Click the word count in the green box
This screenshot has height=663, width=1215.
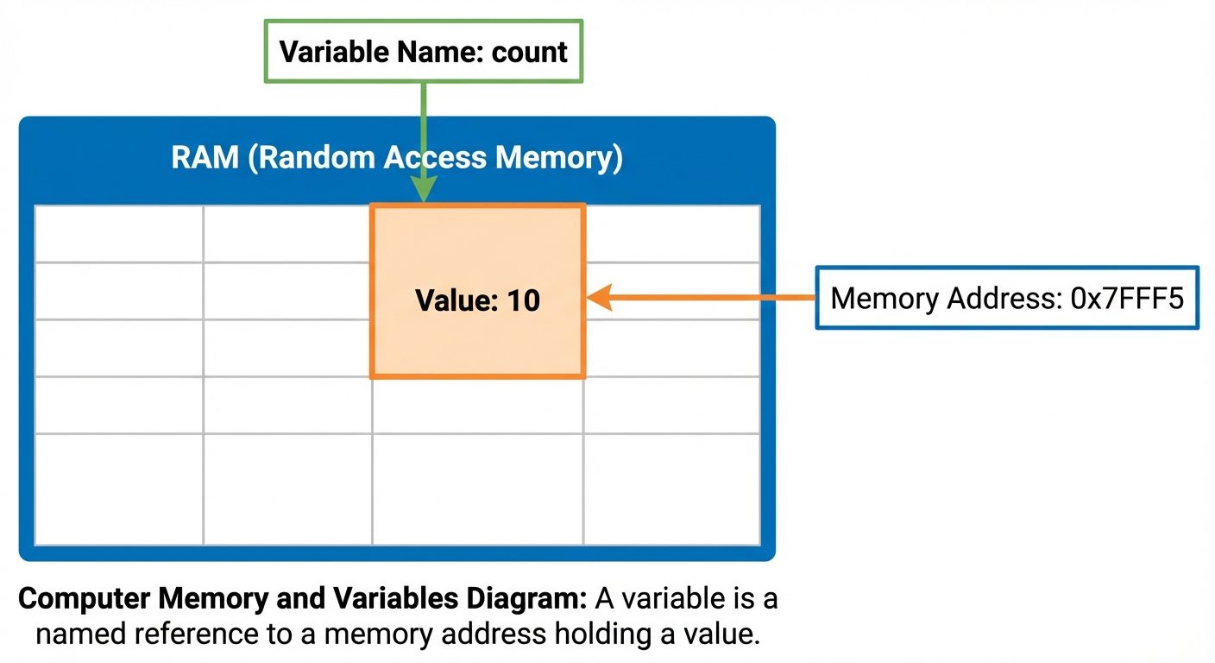pos(529,52)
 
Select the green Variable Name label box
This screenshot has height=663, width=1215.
pos(423,52)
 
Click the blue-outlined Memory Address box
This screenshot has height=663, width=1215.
pos(1006,298)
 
